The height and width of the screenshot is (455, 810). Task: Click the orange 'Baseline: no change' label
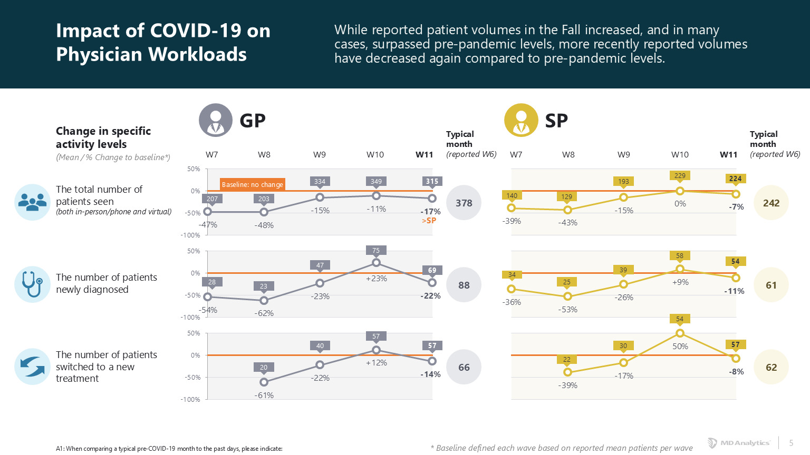[252, 184]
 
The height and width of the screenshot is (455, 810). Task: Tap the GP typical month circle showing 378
[464, 203]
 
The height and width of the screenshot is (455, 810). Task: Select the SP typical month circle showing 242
[771, 203]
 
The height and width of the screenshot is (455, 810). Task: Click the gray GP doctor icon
[215, 120]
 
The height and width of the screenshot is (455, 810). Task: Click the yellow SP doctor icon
[521, 120]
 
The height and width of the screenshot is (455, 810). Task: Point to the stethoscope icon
[32, 284]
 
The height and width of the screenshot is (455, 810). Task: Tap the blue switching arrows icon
[32, 367]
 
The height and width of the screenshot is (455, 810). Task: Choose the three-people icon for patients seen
[32, 202]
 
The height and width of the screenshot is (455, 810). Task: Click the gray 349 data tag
[376, 181]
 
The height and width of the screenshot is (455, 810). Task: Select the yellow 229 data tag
[680, 176]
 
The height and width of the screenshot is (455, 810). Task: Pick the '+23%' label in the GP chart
[377, 279]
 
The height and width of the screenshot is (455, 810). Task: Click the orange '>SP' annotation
[429, 221]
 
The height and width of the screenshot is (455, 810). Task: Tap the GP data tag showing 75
[376, 251]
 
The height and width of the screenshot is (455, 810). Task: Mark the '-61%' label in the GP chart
[264, 395]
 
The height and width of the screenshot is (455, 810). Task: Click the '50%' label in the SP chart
[680, 347]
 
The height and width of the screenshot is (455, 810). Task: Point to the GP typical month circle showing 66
[464, 367]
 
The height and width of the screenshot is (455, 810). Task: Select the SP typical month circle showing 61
[771, 285]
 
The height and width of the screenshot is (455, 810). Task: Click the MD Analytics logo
[739, 443]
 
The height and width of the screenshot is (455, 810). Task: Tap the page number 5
[791, 443]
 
